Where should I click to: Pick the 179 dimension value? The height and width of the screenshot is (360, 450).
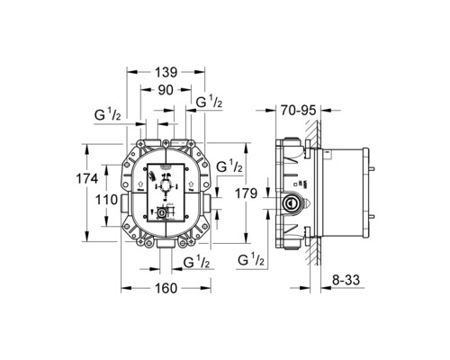point(253,193)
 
